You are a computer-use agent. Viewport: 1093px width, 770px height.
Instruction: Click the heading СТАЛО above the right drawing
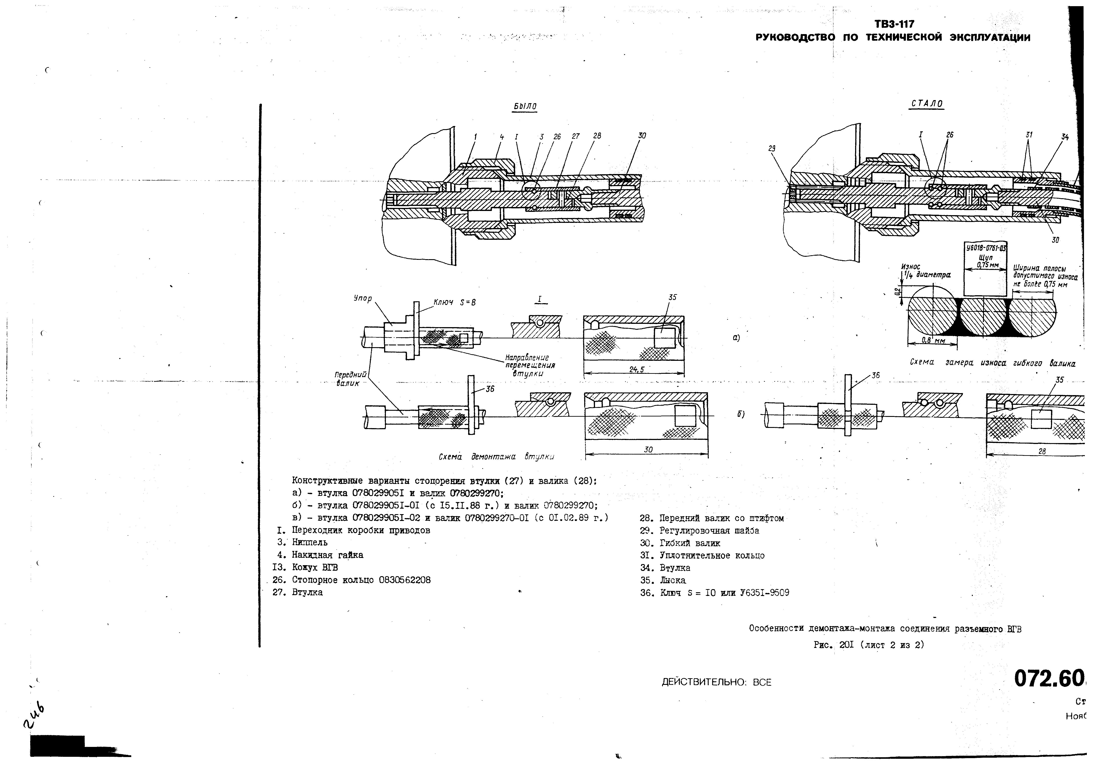click(x=926, y=104)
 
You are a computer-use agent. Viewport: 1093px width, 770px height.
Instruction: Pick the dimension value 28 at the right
click(x=1042, y=451)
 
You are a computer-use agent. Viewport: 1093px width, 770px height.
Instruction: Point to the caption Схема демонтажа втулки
click(x=496, y=457)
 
